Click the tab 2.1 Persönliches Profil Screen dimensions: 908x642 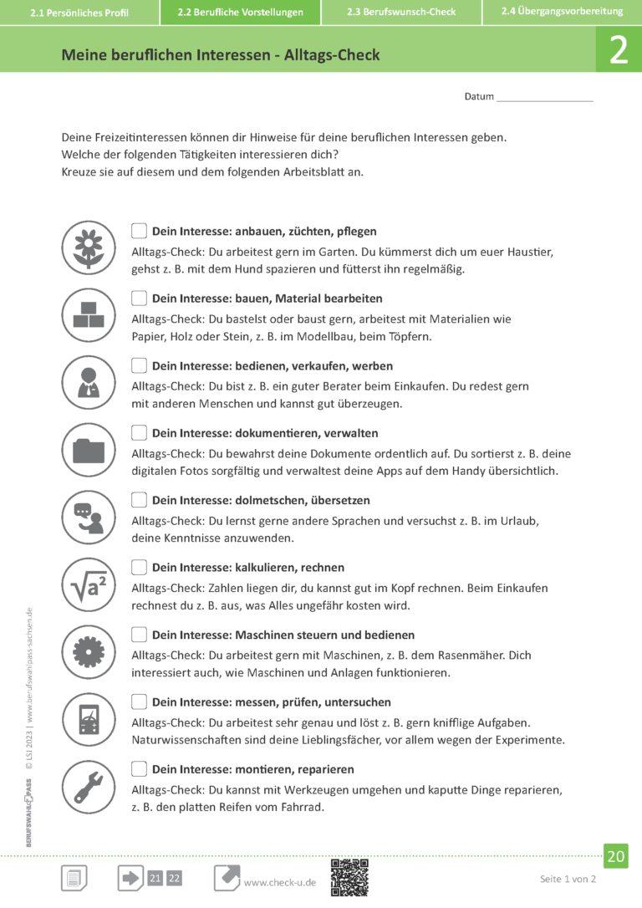[79, 13]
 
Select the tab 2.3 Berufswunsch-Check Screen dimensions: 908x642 [401, 13]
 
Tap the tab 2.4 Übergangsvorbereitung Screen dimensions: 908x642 [562, 12]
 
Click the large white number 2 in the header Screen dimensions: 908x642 [619, 51]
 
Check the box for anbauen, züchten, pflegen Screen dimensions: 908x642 [139, 231]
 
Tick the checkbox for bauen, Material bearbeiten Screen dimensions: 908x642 [139, 298]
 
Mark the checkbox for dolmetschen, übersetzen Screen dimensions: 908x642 [139, 500]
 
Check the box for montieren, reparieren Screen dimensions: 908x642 [139, 769]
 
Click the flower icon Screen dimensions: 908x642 [88, 247]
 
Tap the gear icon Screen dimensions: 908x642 [88, 651]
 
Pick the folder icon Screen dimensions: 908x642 [88, 450]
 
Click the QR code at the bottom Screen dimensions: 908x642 [349, 877]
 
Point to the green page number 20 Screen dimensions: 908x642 [616, 856]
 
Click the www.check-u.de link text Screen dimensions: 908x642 [279, 883]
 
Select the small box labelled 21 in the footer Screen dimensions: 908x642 [155, 878]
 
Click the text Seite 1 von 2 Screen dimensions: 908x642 [568, 879]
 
